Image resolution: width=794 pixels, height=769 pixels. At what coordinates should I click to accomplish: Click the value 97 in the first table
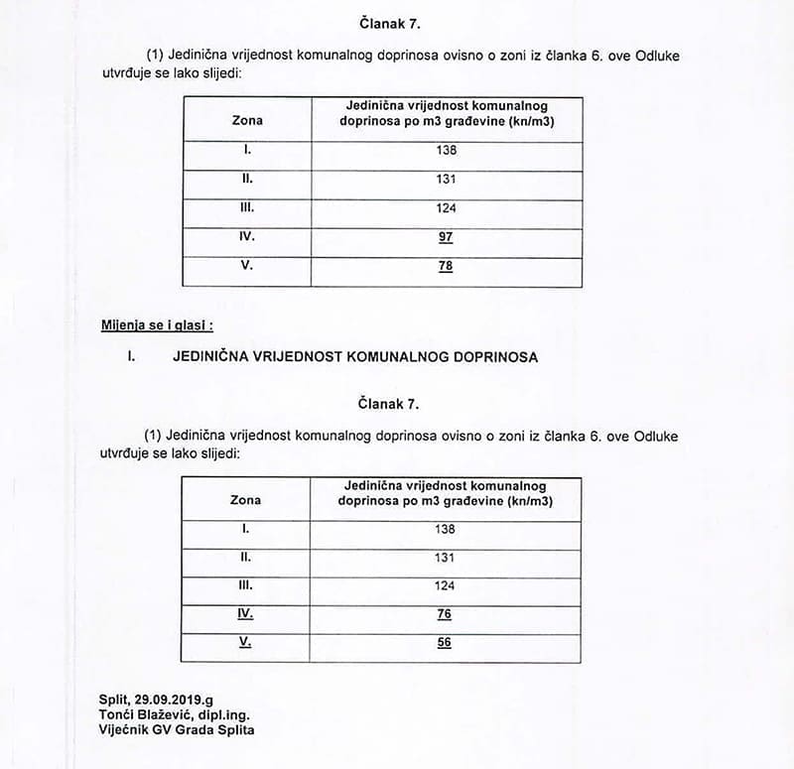click(x=446, y=237)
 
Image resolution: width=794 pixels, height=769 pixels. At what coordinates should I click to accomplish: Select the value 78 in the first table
click(x=446, y=266)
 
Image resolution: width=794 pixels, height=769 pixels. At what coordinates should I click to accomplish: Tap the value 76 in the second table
click(x=445, y=614)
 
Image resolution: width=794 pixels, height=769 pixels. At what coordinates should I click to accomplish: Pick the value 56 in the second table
click(x=445, y=643)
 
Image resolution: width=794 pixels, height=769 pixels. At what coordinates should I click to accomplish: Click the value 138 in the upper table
click(x=446, y=150)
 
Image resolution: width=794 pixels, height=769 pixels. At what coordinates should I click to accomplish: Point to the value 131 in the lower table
click(x=445, y=558)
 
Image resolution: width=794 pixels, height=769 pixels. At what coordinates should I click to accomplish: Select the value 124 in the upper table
click(x=446, y=208)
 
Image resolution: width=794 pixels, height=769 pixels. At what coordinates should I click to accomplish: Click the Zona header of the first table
click(x=247, y=120)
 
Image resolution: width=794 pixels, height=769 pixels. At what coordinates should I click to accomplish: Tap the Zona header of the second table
click(x=245, y=500)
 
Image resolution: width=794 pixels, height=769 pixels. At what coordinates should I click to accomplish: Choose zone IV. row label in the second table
click(x=245, y=614)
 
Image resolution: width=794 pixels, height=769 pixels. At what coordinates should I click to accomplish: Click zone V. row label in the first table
click(x=247, y=265)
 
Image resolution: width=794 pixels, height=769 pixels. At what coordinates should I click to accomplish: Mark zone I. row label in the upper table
click(x=247, y=150)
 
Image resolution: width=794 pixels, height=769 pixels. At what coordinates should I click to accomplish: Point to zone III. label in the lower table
click(x=245, y=585)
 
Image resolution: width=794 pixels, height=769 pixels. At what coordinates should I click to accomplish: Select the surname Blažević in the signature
click(x=172, y=715)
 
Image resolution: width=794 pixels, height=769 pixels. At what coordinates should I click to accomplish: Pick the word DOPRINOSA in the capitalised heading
click(x=492, y=356)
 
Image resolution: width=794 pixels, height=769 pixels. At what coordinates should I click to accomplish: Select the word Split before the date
click(x=113, y=701)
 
